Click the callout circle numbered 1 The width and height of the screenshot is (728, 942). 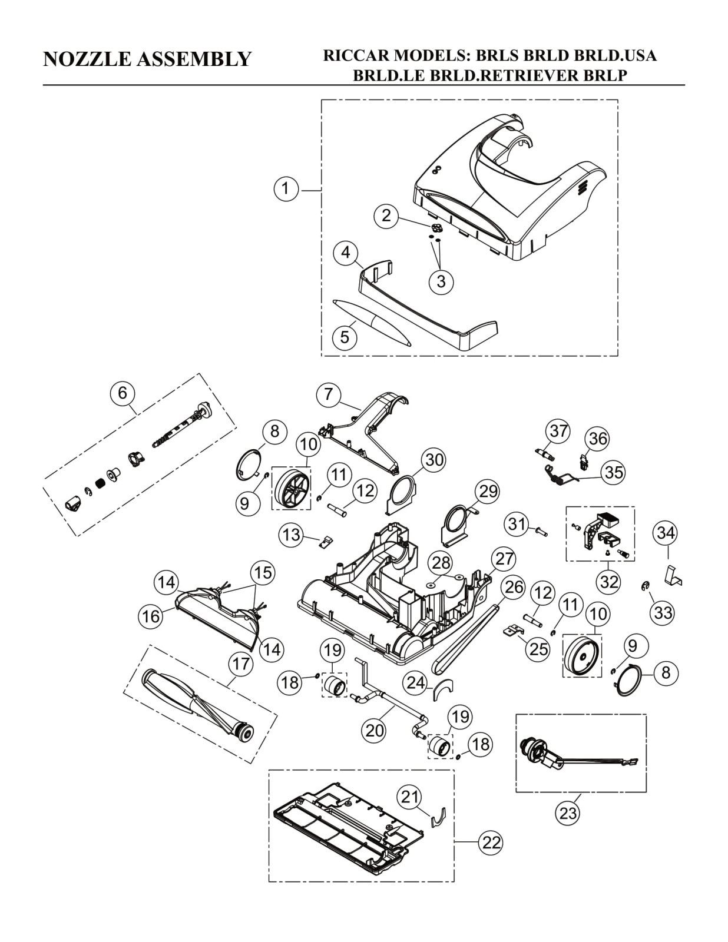click(286, 189)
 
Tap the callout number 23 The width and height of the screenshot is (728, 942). click(568, 812)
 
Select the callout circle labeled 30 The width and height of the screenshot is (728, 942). click(434, 460)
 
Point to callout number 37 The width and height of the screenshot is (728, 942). click(558, 432)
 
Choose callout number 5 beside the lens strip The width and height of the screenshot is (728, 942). click(345, 336)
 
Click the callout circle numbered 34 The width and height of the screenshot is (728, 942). click(666, 533)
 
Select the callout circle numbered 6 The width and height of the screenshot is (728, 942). click(123, 393)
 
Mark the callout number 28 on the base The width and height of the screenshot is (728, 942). click(441, 563)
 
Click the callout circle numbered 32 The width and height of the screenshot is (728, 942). click(609, 582)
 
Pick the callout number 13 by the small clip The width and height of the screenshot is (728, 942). click(292, 535)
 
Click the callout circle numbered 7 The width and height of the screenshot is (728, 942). click(329, 394)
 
